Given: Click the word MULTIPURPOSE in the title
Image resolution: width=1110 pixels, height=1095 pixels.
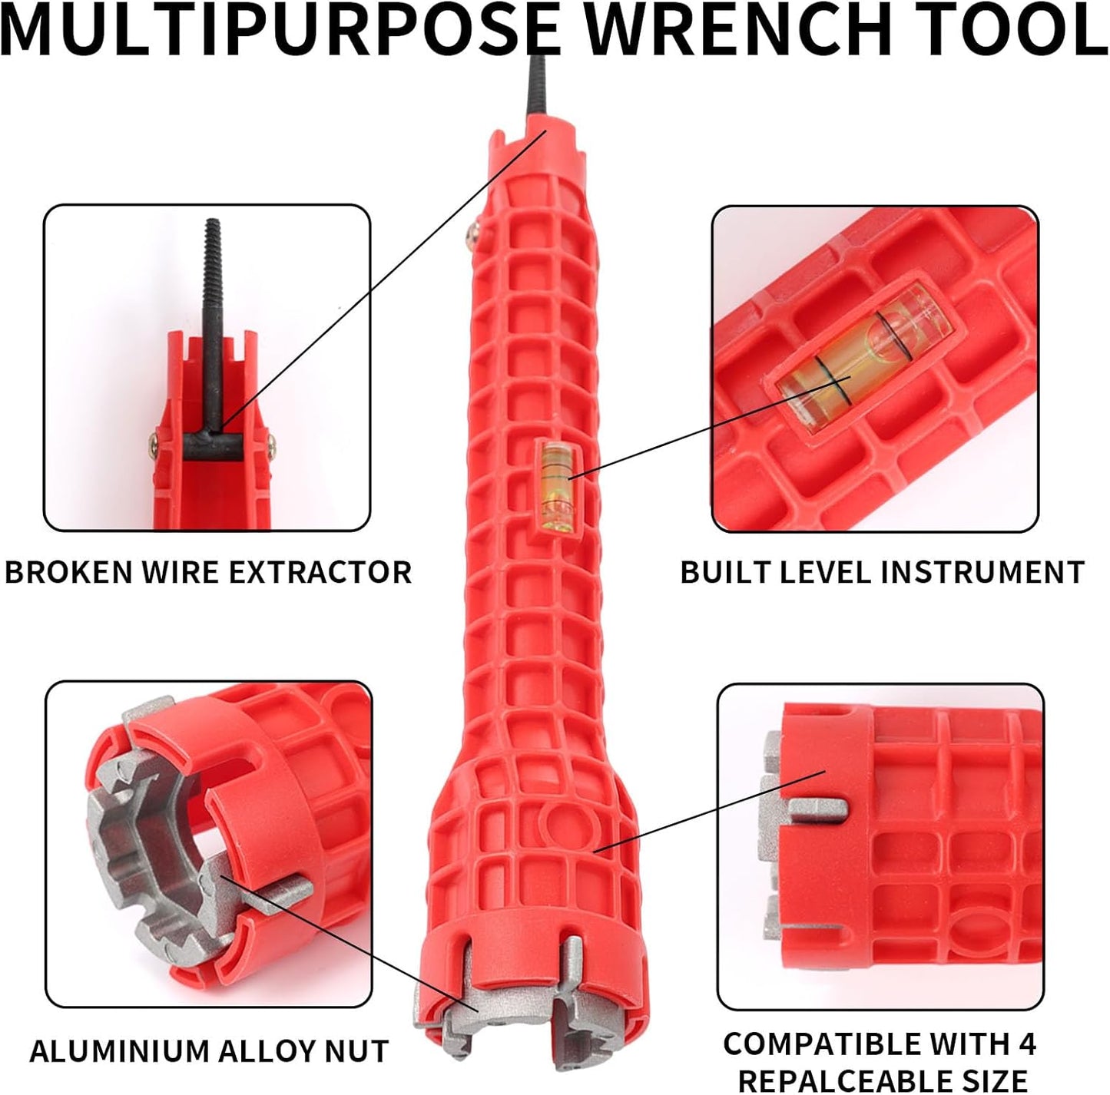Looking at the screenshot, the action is (x=280, y=29).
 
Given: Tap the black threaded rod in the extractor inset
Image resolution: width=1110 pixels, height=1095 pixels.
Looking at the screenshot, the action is (x=213, y=323).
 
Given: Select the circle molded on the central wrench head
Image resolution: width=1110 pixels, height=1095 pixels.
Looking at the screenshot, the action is (x=558, y=829).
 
